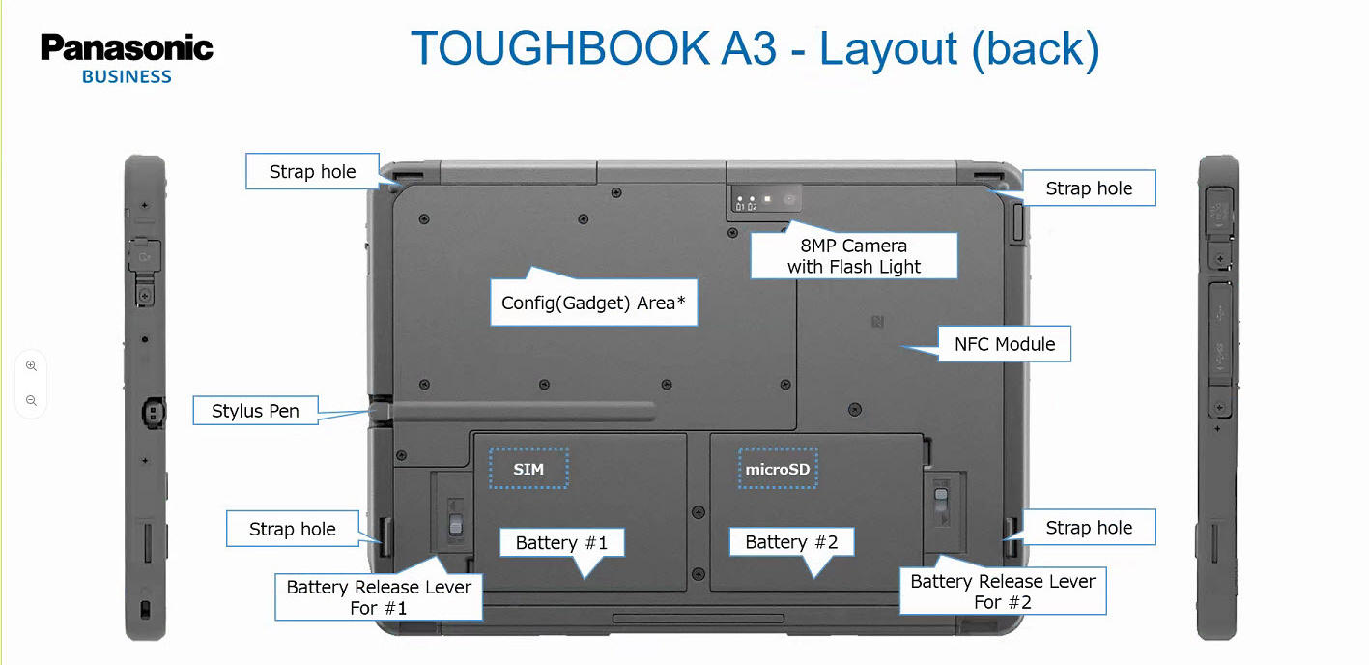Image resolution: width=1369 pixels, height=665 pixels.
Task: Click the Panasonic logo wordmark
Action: click(127, 49)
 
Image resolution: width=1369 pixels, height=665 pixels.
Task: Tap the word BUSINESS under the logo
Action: click(127, 77)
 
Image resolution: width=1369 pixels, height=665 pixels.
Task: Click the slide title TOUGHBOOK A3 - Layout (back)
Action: click(755, 49)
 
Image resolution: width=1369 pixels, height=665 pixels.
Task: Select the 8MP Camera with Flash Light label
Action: click(854, 256)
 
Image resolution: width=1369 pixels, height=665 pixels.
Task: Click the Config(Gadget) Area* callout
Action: click(593, 303)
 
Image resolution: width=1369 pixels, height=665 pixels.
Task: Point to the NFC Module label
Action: click(1005, 344)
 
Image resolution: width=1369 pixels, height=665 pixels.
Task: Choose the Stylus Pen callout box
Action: click(255, 411)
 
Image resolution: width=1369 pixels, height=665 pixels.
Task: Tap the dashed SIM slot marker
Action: click(528, 470)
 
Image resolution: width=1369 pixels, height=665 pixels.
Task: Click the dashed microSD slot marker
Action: click(777, 470)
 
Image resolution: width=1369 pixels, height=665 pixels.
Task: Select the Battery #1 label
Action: click(561, 542)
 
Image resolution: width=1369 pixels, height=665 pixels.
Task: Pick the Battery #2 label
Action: click(791, 542)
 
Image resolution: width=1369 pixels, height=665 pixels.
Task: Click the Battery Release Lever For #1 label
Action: click(379, 597)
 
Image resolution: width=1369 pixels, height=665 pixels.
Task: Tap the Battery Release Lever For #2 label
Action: click(1003, 592)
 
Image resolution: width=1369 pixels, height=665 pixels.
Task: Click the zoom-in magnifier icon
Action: click(31, 366)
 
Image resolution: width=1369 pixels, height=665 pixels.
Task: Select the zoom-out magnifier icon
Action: click(31, 400)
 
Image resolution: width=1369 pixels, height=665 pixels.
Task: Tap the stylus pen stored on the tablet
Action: click(522, 411)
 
